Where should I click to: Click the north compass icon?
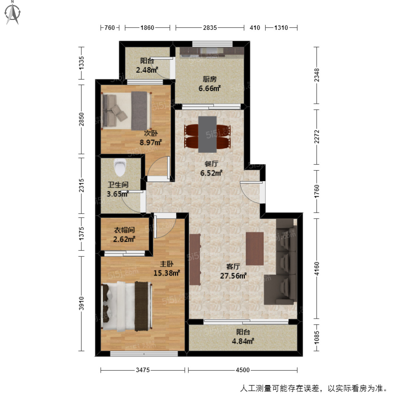pyautogui.click(x=13, y=13)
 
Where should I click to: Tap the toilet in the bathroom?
pyautogui.click(x=119, y=168)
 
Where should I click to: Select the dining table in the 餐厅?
pyautogui.click(x=207, y=134)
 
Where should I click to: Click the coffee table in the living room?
pyautogui.click(x=254, y=248)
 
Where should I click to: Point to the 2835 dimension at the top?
pyautogui.click(x=210, y=28)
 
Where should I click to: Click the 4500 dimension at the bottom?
pyautogui.click(x=242, y=370)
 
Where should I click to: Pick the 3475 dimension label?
pyautogui.click(x=143, y=370)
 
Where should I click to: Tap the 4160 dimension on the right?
pyautogui.click(x=317, y=269)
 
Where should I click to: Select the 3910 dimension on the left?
pyautogui.click(x=82, y=303)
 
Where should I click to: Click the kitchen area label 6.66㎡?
pyautogui.click(x=210, y=88)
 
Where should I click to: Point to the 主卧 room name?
pyautogui.click(x=166, y=264)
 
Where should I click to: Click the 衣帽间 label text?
pyautogui.click(x=124, y=230)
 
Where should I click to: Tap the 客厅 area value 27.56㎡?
pyautogui.click(x=233, y=276)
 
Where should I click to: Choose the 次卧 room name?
pyautogui.click(x=151, y=133)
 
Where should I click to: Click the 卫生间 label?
pyautogui.click(x=118, y=185)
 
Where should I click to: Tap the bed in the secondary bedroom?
pyautogui.click(x=125, y=110)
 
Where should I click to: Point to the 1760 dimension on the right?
pyautogui.click(x=317, y=191)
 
